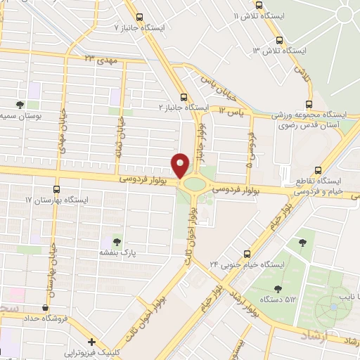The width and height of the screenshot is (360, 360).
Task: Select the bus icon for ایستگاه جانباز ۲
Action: [184, 98]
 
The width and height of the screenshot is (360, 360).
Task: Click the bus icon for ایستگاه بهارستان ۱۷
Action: [56, 190]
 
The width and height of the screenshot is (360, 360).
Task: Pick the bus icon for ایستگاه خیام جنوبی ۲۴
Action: [247, 254]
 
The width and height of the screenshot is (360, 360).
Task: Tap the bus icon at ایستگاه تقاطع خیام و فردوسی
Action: [319, 170]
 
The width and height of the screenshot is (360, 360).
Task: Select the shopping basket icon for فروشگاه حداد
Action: [46, 307]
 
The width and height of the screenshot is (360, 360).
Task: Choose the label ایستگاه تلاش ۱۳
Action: [281, 51]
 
